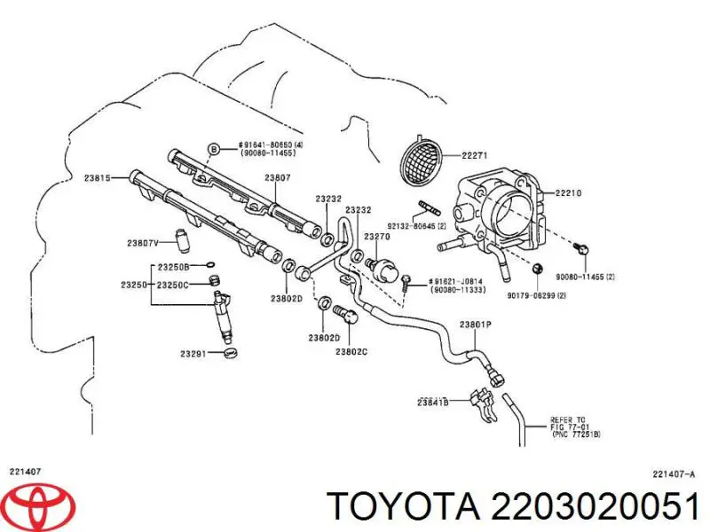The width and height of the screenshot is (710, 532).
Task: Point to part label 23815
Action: pos(99,178)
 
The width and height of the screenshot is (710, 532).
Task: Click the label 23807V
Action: pos(143,242)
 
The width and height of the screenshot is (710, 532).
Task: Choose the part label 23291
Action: pos(193,354)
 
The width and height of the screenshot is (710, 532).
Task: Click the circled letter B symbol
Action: pos(213,148)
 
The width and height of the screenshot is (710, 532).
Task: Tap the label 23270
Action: pos(377,238)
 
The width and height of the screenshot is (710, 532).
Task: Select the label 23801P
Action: pos(475,325)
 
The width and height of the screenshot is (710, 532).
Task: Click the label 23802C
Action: pos(351,351)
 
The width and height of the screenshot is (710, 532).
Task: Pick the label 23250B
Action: pos(173,267)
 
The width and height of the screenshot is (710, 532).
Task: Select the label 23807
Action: pos(277,178)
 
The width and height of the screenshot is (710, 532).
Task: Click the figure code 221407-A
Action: pos(673,473)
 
